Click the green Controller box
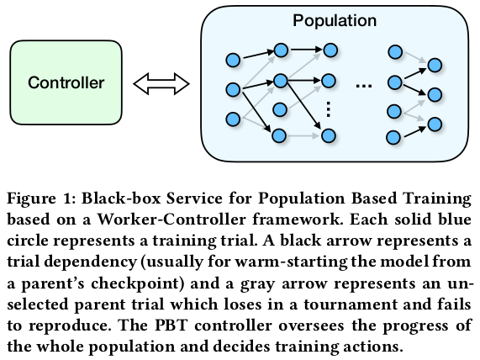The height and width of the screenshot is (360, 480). (x=66, y=82)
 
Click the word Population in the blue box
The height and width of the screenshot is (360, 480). (x=335, y=21)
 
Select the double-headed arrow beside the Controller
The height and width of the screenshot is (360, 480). (x=161, y=83)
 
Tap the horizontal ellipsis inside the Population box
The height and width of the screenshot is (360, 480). (x=364, y=86)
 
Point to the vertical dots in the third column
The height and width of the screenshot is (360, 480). (x=328, y=109)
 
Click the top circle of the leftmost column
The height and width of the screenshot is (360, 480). (x=233, y=60)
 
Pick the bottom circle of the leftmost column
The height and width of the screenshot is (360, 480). (x=233, y=119)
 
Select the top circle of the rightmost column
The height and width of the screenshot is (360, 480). (x=435, y=66)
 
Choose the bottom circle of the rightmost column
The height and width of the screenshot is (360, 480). (x=435, y=124)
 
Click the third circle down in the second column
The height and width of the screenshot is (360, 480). (x=279, y=109)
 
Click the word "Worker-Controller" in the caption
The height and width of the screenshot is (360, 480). (x=171, y=220)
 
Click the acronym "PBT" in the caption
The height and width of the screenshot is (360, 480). (x=171, y=325)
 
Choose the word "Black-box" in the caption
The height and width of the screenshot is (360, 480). (x=121, y=199)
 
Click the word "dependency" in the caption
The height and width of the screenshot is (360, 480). (x=90, y=262)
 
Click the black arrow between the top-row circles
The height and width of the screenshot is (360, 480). (x=306, y=49)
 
